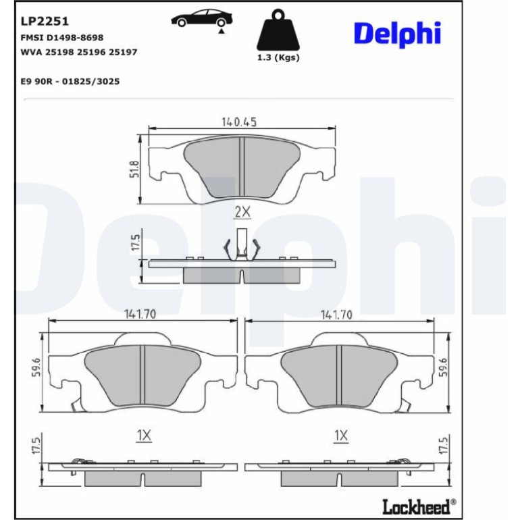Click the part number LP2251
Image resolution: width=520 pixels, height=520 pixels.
[45, 21]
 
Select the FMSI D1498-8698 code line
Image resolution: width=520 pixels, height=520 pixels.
[62, 37]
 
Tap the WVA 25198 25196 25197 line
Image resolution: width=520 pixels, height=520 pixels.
[79, 52]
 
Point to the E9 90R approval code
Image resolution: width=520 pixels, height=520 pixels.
[70, 81]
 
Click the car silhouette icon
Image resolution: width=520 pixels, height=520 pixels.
[202, 19]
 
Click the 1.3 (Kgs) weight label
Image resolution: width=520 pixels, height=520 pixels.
[278, 57]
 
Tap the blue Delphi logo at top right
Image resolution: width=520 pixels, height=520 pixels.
[397, 34]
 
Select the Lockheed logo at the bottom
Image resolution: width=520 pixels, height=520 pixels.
[419, 506]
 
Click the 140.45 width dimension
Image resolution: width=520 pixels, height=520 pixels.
[239, 122]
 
